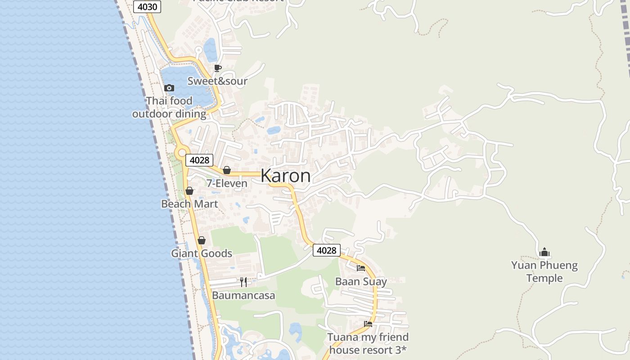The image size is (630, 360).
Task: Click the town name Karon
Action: tap(285, 175)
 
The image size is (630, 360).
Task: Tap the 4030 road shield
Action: tap(147, 7)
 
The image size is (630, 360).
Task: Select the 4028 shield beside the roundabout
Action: tap(199, 160)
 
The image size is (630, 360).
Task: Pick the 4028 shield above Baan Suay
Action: tap(327, 250)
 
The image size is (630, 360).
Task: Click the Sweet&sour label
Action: tap(217, 81)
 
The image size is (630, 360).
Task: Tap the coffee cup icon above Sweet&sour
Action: tap(218, 68)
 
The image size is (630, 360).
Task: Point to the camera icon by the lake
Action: tap(169, 88)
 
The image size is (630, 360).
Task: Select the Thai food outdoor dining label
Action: tap(169, 107)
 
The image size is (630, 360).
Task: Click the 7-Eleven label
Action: tap(227, 184)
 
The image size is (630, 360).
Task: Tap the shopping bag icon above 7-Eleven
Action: tap(227, 170)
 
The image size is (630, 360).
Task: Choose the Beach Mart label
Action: tap(189, 204)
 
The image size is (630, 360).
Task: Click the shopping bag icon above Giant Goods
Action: tap(202, 240)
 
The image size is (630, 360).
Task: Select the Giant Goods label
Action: tap(202, 253)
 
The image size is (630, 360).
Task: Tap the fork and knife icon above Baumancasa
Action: tap(243, 282)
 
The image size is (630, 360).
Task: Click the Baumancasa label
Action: tap(243, 296)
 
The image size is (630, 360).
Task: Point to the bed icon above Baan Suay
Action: tap(361, 268)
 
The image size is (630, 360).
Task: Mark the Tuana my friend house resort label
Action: tap(368, 343)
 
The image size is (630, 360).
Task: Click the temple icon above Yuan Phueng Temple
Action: tap(544, 252)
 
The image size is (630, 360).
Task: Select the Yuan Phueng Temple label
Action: tap(544, 271)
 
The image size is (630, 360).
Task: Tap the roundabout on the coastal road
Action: tap(182, 153)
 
